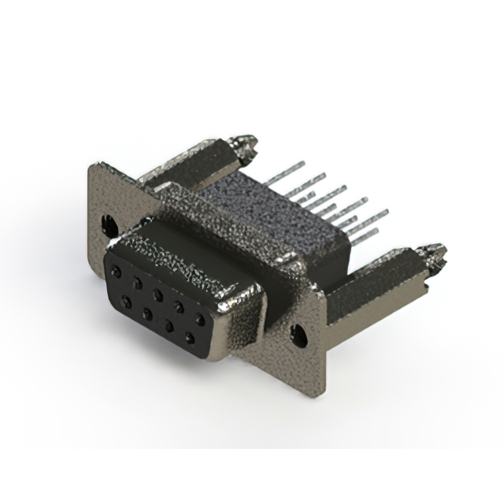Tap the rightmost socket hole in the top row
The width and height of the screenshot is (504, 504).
click(200, 318)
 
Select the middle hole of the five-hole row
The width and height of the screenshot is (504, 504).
click(158, 295)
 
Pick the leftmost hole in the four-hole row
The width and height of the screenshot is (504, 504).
click(126, 302)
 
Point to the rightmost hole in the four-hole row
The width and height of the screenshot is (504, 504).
click(189, 338)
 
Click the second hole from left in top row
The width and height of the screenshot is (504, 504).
click(138, 283)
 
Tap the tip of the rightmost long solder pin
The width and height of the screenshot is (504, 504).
click(386, 213)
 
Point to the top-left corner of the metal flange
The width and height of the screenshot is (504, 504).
click(92, 165)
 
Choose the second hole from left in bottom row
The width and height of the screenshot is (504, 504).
click(147, 314)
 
